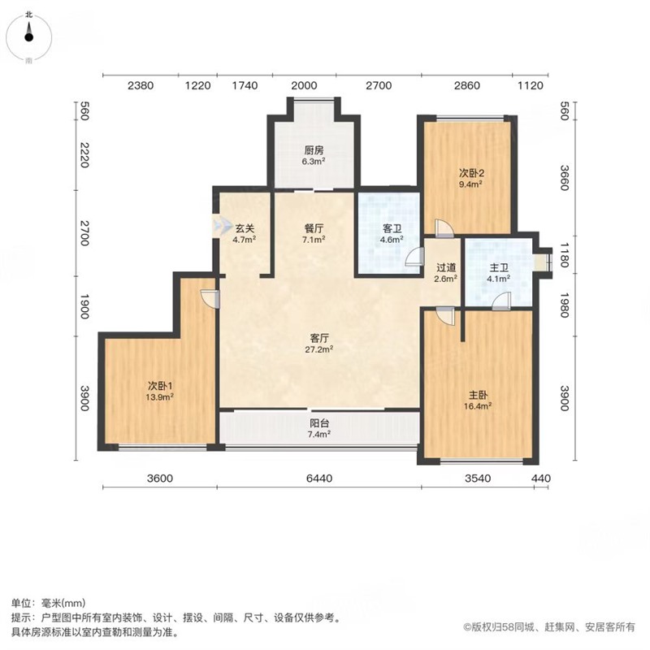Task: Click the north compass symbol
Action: [28, 37]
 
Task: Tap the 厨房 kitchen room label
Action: [314, 149]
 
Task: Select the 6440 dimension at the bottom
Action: [319, 479]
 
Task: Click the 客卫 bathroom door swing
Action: [415, 257]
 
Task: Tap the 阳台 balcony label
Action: [319, 423]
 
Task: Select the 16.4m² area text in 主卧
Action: [478, 405]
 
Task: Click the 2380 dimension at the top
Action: [141, 85]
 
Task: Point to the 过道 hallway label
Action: [445, 268]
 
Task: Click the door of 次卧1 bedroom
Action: [210, 298]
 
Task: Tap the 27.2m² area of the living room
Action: [319, 349]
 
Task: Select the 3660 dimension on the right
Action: [564, 178]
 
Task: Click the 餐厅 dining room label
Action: [314, 228]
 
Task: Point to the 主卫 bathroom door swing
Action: [501, 301]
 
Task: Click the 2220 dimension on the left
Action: [84, 155]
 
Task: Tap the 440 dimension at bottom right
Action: [541, 479]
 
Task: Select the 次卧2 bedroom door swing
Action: [444, 228]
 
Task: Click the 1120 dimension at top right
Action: [531, 85]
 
